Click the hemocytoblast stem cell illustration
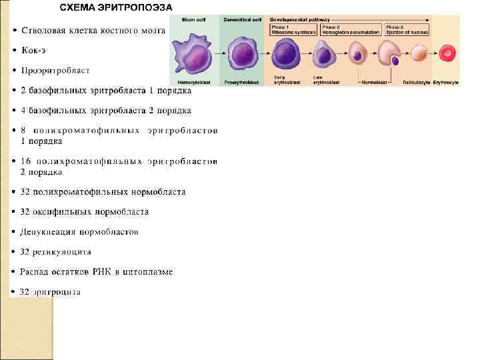pos(194,53)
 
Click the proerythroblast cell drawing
pos(242,53)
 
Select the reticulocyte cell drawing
pos(419,54)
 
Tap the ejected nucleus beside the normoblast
pos(395,61)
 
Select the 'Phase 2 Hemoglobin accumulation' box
pos(351,30)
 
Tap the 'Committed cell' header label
pos(242,19)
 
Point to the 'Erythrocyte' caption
pos(445,82)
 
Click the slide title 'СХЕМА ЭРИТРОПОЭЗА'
pos(116,7)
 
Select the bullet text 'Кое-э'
pos(35,50)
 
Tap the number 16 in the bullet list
pos(27,161)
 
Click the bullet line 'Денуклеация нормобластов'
pos(79,232)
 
